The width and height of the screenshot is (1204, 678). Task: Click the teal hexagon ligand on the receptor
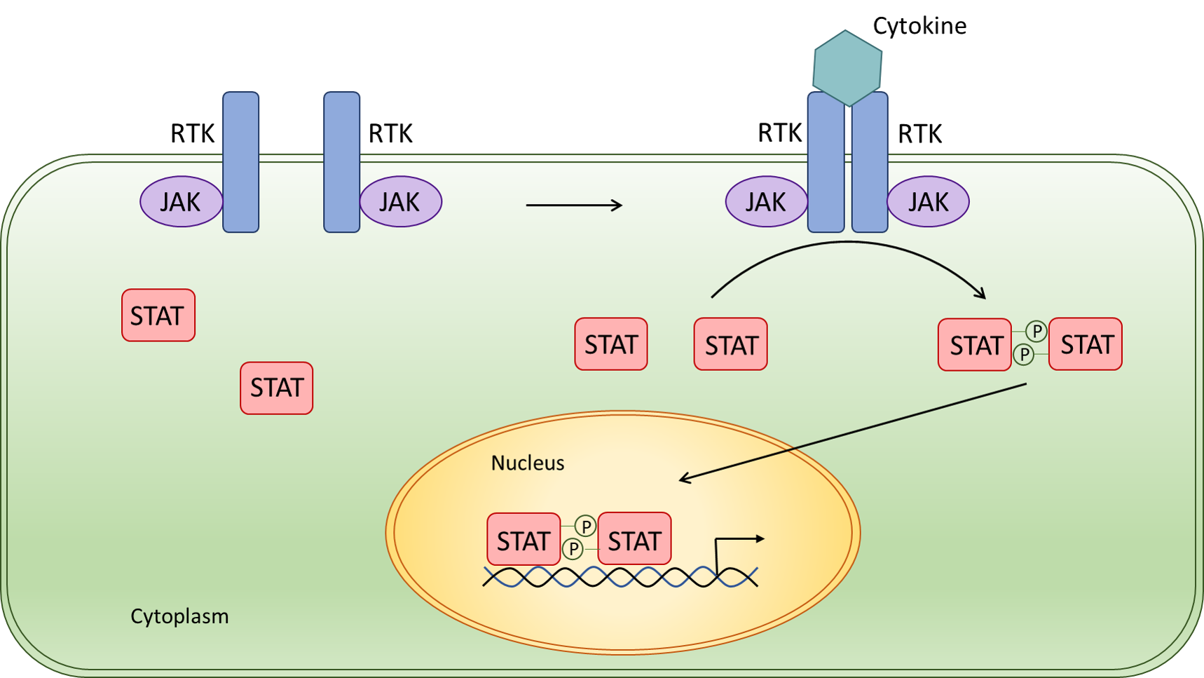[847, 67]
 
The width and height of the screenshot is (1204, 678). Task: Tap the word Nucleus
[527, 463]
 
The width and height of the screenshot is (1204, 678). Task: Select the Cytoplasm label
[179, 616]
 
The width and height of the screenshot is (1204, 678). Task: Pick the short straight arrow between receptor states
[573, 205]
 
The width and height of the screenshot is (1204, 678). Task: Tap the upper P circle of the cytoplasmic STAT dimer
[1036, 331]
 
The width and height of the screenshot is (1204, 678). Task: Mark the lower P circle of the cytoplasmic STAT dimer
[1024, 355]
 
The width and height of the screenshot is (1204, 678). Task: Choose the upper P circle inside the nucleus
[585, 525]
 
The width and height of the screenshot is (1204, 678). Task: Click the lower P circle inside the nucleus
[573, 549]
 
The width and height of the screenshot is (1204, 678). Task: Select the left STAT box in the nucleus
[524, 539]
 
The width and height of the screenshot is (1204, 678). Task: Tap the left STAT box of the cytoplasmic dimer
[975, 344]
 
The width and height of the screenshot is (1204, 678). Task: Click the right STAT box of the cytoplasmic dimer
[1086, 344]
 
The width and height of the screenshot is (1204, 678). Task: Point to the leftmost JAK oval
[181, 202]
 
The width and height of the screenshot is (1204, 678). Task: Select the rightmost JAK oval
[928, 202]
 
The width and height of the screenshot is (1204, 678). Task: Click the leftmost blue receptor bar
[240, 162]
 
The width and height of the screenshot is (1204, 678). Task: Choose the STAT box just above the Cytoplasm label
[276, 388]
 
